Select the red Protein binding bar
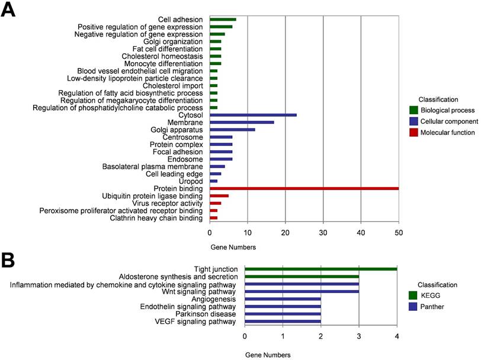pyautogui.click(x=304, y=188)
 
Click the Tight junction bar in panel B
pyautogui.click(x=320, y=269)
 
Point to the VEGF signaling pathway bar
pyautogui.click(x=283, y=322)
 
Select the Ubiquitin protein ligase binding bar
pyautogui.click(x=219, y=196)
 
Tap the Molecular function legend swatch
pyautogui.click(x=414, y=133)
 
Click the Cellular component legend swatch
pyautogui.click(x=414, y=121)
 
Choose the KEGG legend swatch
pyautogui.click(x=414, y=295)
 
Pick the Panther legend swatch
pyautogui.click(x=414, y=306)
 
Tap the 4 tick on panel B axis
pyautogui.click(x=397, y=336)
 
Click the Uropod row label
pyautogui.click(x=192, y=181)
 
